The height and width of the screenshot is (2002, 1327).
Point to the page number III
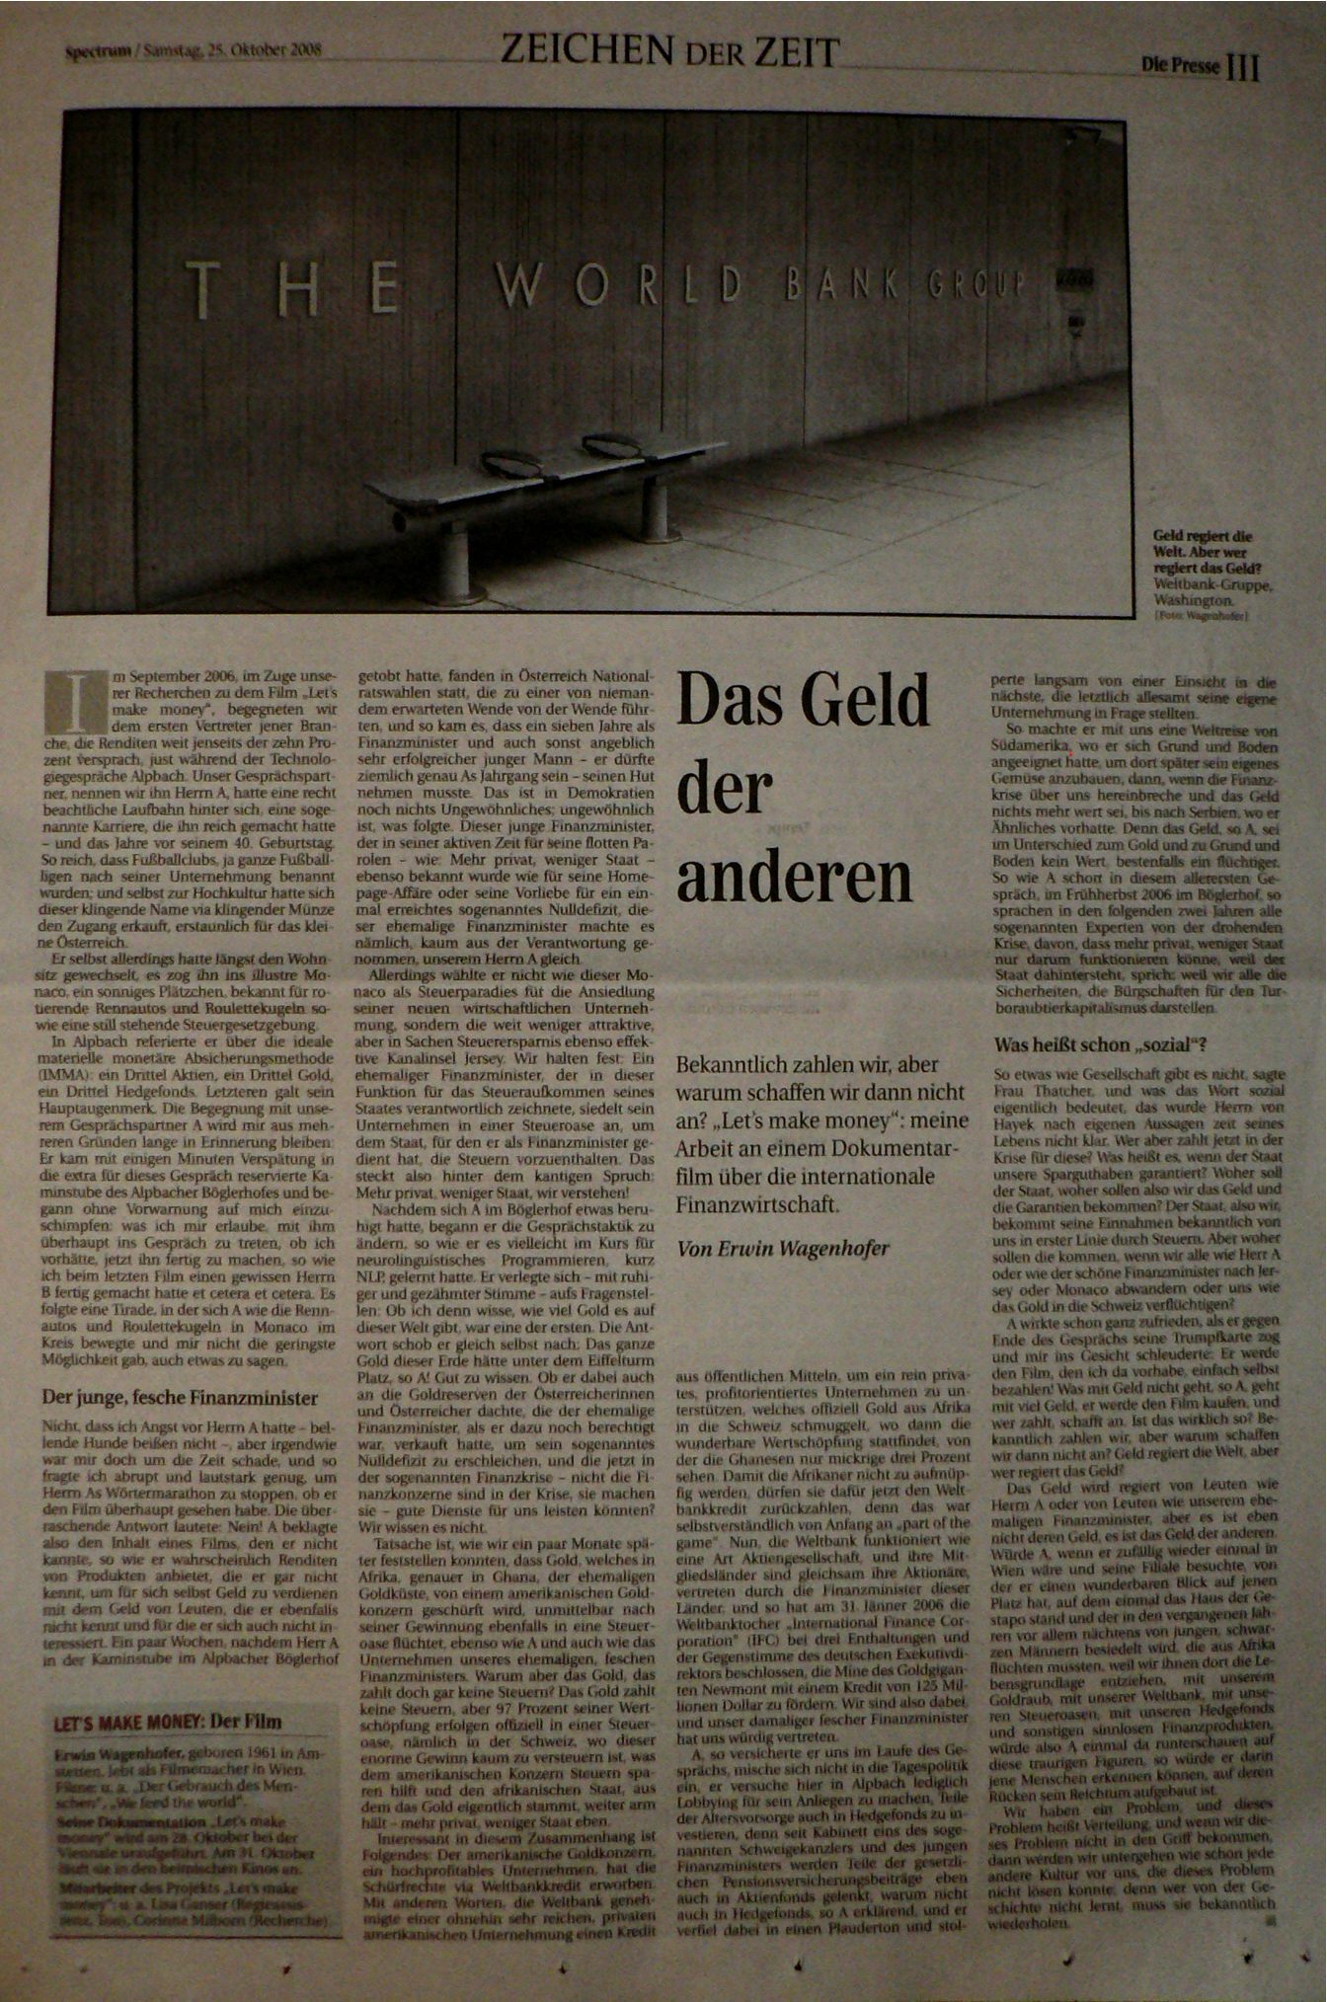(1243, 66)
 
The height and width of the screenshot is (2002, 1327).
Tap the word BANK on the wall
(839, 286)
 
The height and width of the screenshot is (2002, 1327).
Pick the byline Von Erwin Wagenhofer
(783, 1248)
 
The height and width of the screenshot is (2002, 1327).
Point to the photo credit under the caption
(1200, 616)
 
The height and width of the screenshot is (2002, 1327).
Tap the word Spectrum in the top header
(98, 51)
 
